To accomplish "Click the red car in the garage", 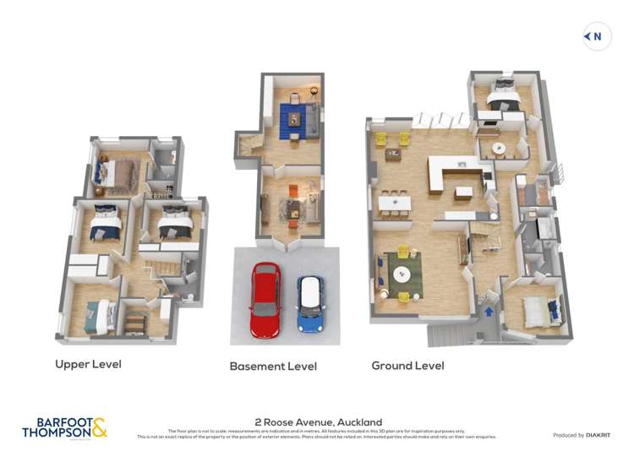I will [265, 299].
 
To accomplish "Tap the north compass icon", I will [597, 36].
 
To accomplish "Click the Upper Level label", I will [88, 365].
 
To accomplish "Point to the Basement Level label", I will [273, 367].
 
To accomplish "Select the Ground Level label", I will [407, 366].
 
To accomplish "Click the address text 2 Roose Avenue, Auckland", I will [319, 422].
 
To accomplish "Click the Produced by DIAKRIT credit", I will [582, 435].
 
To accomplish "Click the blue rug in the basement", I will [292, 117].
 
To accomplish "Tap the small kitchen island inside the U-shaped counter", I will [463, 192].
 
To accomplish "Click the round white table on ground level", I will [499, 149].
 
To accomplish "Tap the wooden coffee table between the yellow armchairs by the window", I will [394, 154].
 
